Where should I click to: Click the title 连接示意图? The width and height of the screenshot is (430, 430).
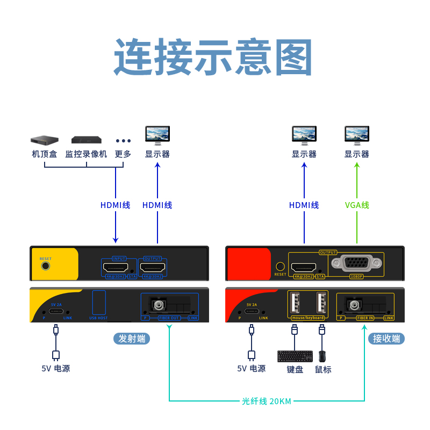(x=213, y=58)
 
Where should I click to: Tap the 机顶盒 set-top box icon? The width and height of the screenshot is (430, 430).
(x=44, y=140)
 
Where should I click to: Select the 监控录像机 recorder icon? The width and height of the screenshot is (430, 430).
(x=86, y=140)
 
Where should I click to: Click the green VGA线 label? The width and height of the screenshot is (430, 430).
(x=357, y=205)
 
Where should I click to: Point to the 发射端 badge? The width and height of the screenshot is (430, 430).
(x=132, y=339)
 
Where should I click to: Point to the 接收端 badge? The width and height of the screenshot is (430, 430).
(x=386, y=339)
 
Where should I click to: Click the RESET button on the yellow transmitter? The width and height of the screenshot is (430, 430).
(x=46, y=265)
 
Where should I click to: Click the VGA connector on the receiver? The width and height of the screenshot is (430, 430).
(x=357, y=263)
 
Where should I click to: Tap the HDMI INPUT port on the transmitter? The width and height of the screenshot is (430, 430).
(x=115, y=267)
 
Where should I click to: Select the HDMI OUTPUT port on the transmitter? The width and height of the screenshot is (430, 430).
(x=153, y=267)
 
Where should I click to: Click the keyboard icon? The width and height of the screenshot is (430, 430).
(x=295, y=356)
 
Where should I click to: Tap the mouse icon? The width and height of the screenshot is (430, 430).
(x=322, y=356)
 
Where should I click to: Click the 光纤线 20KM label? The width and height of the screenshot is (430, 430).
(x=267, y=401)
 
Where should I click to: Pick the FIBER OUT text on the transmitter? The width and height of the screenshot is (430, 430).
(x=169, y=318)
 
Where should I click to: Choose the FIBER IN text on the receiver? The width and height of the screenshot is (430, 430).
(x=364, y=318)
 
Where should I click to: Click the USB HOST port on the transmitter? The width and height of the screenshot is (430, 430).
(x=99, y=303)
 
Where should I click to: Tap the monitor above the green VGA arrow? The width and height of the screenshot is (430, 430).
(x=357, y=135)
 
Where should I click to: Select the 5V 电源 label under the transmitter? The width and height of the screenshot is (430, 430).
(x=56, y=368)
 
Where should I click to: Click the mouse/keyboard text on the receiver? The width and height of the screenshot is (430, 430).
(x=308, y=318)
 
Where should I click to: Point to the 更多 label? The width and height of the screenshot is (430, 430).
(x=123, y=154)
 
